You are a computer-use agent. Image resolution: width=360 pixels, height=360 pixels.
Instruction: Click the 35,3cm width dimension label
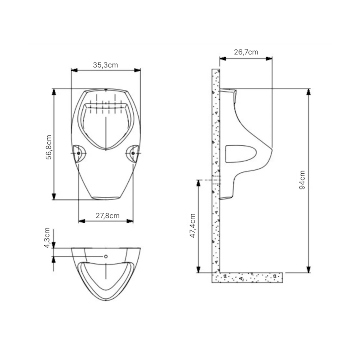(105, 65)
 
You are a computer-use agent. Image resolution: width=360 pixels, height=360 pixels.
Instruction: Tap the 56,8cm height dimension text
(49, 147)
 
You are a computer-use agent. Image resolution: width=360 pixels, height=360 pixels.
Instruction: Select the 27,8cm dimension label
(108, 216)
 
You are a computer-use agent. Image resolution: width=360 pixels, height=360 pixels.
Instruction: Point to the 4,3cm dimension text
(47, 238)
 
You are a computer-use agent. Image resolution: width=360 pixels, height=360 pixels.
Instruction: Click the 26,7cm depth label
(246, 52)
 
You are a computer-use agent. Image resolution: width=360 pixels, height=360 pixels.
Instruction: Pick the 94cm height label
(302, 180)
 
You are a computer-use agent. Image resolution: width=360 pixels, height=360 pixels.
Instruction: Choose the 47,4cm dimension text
(193, 226)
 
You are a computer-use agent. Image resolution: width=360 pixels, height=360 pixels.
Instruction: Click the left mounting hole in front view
(78, 153)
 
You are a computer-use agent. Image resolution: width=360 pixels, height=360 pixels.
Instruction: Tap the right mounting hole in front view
(133, 153)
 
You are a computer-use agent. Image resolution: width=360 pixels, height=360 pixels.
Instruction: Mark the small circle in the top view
(106, 256)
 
